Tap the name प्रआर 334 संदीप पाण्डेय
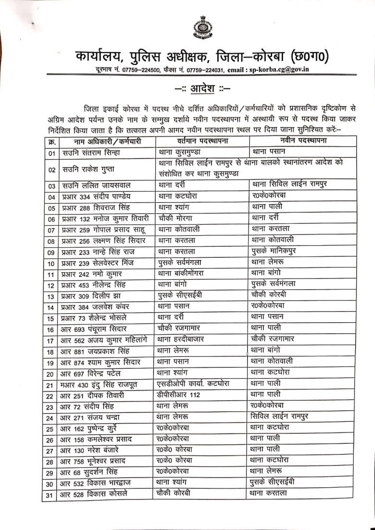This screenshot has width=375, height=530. click(x=96, y=197)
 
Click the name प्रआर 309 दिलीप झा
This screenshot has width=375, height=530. click(x=92, y=295)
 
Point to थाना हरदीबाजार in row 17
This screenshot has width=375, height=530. click(x=181, y=340)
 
